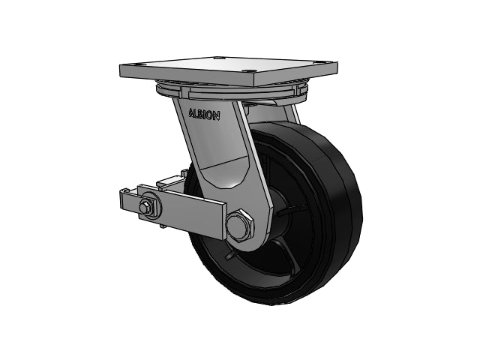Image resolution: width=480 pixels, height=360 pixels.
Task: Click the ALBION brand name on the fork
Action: click(204, 114)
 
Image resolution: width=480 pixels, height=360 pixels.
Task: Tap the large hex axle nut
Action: click(240, 225)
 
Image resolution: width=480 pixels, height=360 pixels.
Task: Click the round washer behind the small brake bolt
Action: click(150, 206)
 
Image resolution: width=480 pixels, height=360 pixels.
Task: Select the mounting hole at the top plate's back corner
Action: click(218, 57)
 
